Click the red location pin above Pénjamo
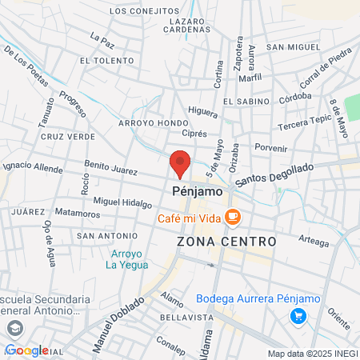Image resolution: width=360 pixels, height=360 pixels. (x=180, y=162)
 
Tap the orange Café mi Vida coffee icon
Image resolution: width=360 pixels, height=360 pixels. (x=233, y=217)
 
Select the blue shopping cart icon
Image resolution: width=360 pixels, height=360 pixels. (x=298, y=316)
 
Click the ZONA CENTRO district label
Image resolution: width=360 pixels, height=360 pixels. (x=226, y=241)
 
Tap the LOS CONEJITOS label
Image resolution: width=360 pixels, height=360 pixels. (x=145, y=11)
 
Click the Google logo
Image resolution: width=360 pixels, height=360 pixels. (x=26, y=350)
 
